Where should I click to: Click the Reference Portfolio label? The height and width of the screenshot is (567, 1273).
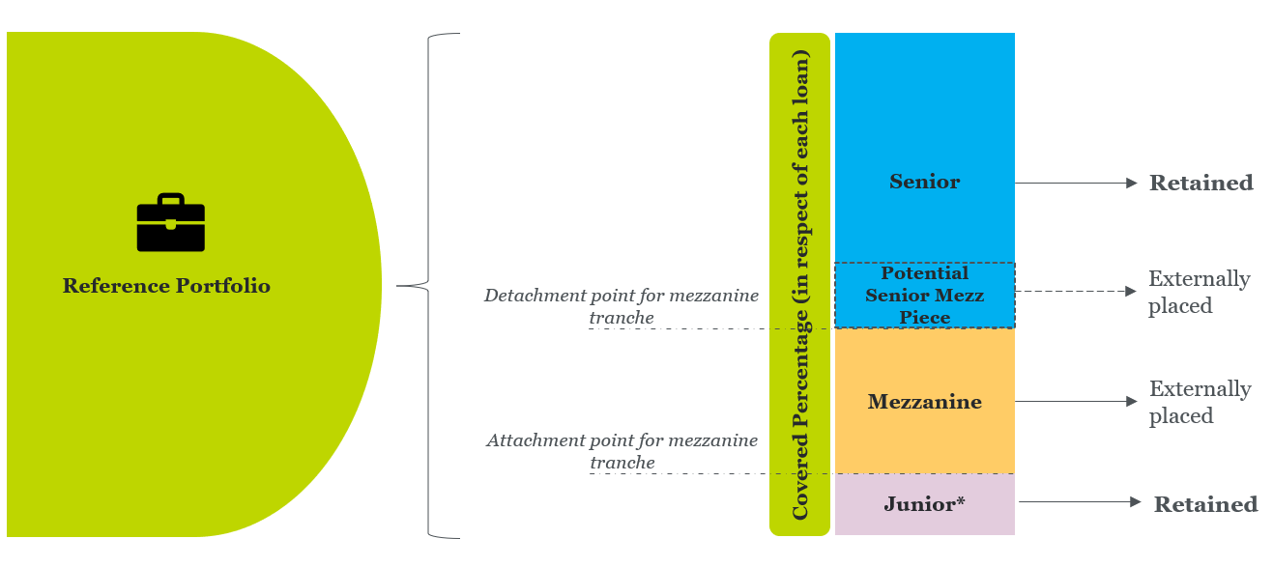166,286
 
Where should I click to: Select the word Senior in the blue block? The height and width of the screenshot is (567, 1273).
924,182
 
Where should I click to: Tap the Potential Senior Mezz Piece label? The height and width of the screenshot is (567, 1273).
924,296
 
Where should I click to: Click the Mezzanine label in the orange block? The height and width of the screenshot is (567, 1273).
924,402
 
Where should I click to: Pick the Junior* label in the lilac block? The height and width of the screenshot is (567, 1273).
924,504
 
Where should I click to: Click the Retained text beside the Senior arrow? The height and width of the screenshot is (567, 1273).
1201,183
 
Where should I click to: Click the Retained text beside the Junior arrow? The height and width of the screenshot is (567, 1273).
1205,504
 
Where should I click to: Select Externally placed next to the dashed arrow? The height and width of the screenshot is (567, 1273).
1199,292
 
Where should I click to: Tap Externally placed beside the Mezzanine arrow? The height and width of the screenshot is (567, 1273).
1200,402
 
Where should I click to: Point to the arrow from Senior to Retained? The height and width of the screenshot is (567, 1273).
1075,183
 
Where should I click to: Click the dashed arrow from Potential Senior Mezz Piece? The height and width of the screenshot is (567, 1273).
1075,291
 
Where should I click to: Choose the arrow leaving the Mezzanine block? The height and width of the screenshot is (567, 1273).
1075,402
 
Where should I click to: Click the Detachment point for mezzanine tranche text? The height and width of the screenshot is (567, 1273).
622,306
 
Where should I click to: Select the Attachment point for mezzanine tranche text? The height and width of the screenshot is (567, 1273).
622,451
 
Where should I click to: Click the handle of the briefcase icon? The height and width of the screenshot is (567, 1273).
170,200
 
